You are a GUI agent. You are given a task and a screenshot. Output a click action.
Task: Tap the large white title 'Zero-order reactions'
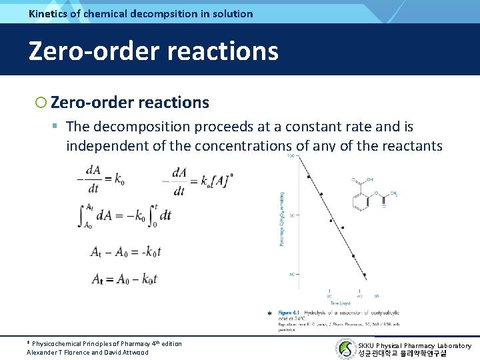(153, 51)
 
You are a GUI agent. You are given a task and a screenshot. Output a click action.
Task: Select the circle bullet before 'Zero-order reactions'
(41, 103)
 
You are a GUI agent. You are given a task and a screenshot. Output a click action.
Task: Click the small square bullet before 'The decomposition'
(57, 127)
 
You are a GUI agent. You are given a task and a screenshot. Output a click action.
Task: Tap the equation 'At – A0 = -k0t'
(126, 252)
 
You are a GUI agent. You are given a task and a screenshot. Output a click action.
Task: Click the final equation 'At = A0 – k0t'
(124, 279)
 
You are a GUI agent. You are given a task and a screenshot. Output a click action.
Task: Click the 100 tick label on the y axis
(291, 156)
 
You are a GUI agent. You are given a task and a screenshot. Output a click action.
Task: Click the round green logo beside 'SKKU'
(345, 349)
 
